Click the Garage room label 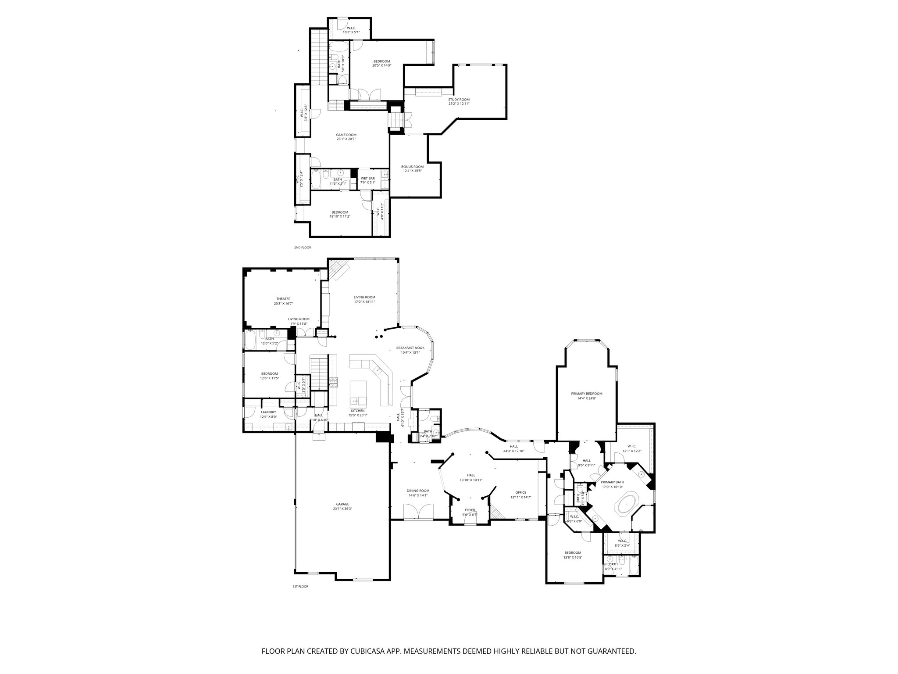click(x=343, y=504)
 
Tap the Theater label click(x=283, y=299)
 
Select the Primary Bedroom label click(x=587, y=394)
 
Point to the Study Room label click(x=459, y=100)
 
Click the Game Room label click(x=346, y=135)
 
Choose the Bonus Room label click(x=412, y=167)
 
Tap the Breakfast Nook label click(x=410, y=348)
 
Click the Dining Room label click(x=418, y=491)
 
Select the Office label click(x=520, y=492)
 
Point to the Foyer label click(x=470, y=510)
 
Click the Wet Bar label click(x=368, y=178)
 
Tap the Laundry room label click(x=268, y=412)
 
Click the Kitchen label click(x=357, y=411)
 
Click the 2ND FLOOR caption click(x=303, y=247)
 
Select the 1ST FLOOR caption click(x=300, y=586)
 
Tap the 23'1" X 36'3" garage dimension click(x=343, y=509)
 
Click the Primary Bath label click(x=612, y=482)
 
